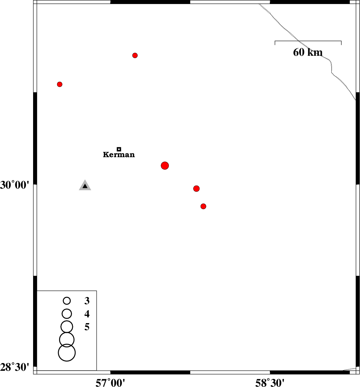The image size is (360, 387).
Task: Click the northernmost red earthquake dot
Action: (135, 55)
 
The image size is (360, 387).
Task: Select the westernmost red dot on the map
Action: (60, 84)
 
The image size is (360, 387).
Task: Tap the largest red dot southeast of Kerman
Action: (165, 166)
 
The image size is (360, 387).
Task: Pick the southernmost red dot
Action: (203, 206)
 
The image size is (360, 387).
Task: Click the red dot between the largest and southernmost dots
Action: (196, 189)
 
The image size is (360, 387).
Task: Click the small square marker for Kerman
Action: (119, 149)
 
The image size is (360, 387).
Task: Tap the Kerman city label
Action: (119, 155)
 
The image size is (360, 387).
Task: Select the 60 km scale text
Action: (308, 52)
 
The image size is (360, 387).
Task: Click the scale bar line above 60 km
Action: (308, 41)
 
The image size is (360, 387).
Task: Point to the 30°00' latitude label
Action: (15, 185)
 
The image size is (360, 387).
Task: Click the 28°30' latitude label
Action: (15, 367)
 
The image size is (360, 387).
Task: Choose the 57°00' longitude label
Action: (110, 383)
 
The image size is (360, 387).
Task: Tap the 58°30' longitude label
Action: (270, 383)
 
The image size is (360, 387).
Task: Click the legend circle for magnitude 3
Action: (67, 300)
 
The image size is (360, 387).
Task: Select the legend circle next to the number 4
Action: (67, 314)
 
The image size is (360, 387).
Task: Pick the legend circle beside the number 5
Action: (67, 327)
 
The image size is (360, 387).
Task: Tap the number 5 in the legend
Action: (87, 327)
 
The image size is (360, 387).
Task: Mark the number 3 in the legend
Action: (87, 300)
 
